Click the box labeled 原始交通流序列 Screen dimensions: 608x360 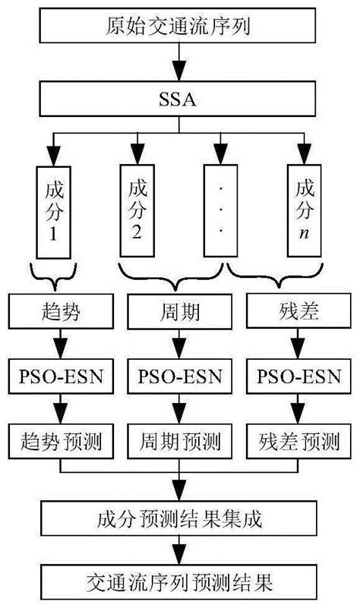click(179, 28)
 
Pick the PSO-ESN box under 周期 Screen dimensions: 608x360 click(179, 376)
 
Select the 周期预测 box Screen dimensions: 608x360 click(179, 439)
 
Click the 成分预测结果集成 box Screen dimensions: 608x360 click(179, 519)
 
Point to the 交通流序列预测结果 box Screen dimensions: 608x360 click(179, 583)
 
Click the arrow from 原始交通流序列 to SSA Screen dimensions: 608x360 click(179, 63)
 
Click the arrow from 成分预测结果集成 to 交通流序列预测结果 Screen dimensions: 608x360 click(179, 551)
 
